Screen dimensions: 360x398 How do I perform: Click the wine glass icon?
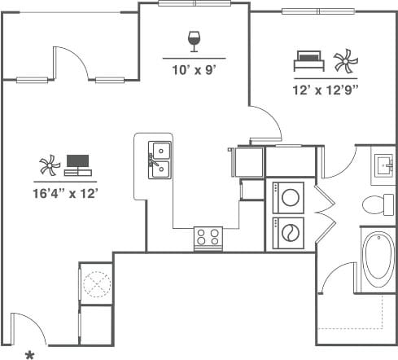(194, 41)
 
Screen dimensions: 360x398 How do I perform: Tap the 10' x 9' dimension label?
(193, 70)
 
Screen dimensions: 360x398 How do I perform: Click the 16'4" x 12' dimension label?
(68, 193)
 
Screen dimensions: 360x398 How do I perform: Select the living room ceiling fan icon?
(50, 167)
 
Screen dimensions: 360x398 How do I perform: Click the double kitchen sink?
(159, 160)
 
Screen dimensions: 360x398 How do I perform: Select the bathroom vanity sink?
(383, 167)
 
